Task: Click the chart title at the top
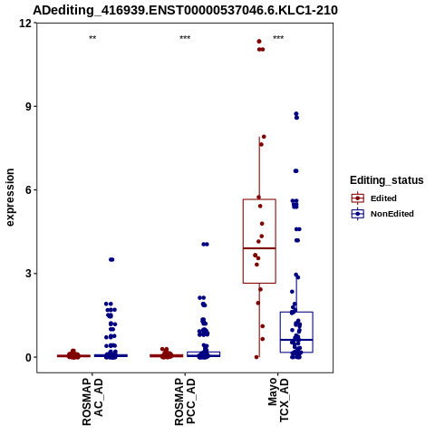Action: coord(185,10)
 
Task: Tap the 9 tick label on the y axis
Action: coord(29,106)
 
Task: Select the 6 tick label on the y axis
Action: coord(29,190)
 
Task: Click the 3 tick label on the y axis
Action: coord(29,274)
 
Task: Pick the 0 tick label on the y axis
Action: coord(29,357)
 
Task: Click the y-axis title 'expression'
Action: coord(10,198)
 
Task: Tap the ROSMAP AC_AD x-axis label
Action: coord(92,401)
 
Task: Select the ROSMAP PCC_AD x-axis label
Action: coord(185,401)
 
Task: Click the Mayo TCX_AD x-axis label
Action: coord(278,400)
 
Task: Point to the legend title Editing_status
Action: coord(387,180)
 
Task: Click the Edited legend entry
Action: coord(373,198)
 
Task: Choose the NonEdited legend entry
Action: coord(382,214)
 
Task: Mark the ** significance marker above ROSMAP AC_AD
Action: coord(92,38)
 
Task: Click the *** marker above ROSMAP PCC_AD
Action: coord(185,38)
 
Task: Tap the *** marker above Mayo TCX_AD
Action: coord(278,38)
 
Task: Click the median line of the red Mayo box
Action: coord(259,248)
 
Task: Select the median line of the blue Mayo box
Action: coord(296,340)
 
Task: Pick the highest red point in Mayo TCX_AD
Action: coord(259,42)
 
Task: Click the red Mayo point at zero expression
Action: coord(256,357)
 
